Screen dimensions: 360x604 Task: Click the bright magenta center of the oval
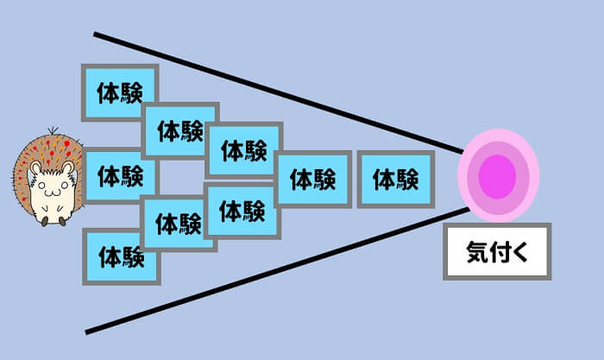(x=498, y=176)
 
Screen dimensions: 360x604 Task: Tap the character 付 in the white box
(x=499, y=251)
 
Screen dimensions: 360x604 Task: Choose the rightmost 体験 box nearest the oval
(x=395, y=179)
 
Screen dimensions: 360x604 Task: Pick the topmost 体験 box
(x=119, y=92)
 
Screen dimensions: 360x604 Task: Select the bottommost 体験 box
(x=121, y=256)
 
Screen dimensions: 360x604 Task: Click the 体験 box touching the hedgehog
(x=121, y=176)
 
